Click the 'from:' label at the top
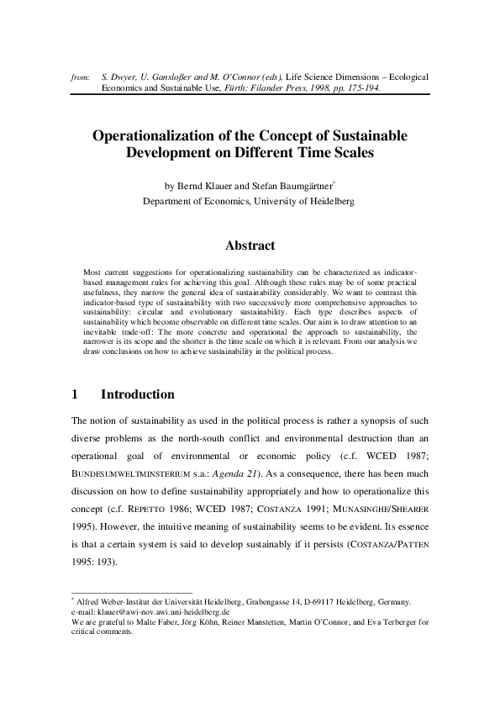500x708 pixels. click(81, 77)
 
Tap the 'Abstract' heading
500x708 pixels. click(250, 246)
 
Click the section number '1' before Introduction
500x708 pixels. click(76, 394)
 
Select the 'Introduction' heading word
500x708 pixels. click(137, 394)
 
